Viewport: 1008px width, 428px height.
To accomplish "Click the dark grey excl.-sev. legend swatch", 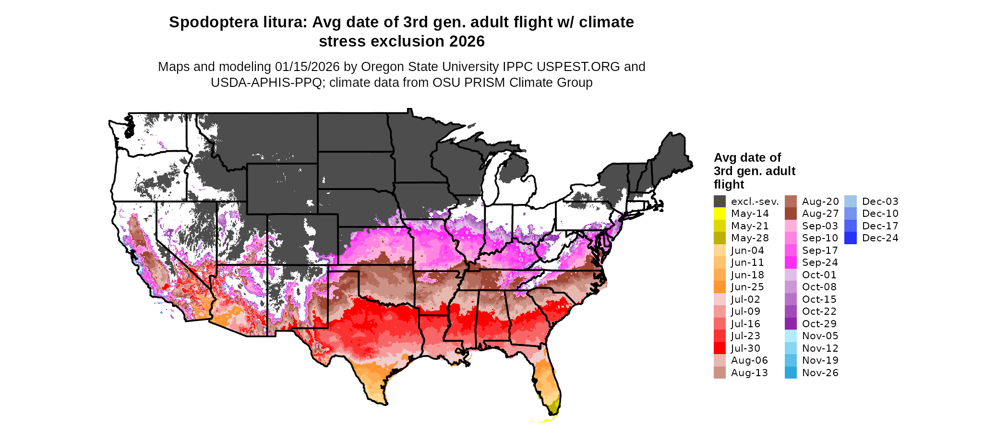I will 720,202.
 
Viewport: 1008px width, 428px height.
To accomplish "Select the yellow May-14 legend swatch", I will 720,214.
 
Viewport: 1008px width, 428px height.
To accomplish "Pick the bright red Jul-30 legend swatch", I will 720,348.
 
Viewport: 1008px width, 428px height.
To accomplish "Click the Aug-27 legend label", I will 820,214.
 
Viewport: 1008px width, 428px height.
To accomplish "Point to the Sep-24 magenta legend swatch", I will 791,262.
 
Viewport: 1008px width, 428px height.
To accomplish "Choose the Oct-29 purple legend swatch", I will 791,324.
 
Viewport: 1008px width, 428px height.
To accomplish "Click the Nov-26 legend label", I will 820,373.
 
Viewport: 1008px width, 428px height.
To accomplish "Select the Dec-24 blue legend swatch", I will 850,238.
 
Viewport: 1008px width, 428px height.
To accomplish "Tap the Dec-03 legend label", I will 880,202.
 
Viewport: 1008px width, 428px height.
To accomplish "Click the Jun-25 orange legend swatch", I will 720,287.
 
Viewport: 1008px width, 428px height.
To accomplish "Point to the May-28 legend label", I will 750,238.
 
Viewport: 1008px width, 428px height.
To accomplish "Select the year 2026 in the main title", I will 467,42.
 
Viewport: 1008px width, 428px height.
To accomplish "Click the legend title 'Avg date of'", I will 747,158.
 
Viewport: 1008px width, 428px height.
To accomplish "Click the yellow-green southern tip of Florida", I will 554,406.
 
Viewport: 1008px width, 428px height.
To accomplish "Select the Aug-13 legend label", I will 749,373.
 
